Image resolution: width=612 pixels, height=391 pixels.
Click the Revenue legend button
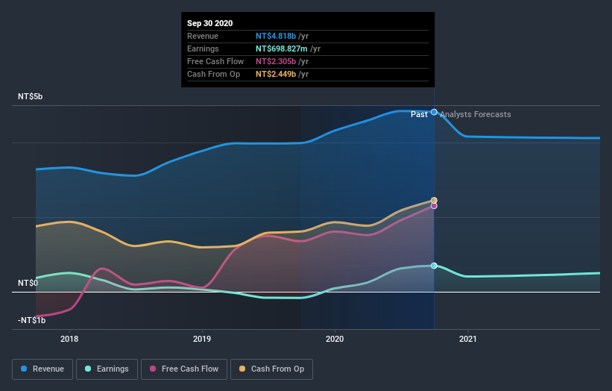click(x=43, y=369)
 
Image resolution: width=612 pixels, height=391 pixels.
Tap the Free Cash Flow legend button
click(x=184, y=369)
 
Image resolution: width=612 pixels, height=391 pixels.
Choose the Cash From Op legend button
click(x=271, y=369)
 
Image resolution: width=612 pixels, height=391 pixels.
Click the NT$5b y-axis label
click(x=31, y=97)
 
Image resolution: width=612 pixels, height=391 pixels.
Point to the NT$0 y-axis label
click(x=28, y=284)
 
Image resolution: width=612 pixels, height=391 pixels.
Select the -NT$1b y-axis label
click(x=32, y=320)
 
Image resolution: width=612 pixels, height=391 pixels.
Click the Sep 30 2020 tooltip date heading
click(x=209, y=23)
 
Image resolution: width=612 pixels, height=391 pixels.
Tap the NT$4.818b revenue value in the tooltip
click(x=276, y=36)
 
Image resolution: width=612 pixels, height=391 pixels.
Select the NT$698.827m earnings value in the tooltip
click(x=282, y=49)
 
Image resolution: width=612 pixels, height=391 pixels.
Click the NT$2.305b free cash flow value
click(x=276, y=61)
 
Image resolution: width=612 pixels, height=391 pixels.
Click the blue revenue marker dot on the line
click(x=434, y=112)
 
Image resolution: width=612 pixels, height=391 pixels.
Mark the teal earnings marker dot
click(x=434, y=266)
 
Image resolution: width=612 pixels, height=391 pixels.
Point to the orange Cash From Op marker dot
click(x=434, y=200)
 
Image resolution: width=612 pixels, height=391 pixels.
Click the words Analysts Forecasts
click(x=476, y=114)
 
